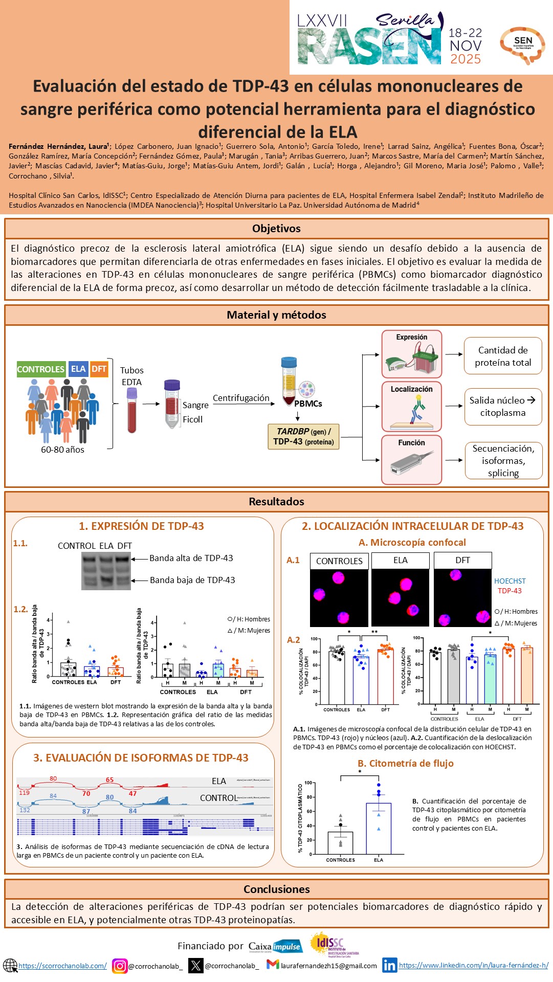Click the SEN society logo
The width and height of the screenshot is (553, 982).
tap(522, 45)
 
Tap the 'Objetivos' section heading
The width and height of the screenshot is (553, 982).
tap(276, 229)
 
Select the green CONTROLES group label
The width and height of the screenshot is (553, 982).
tap(41, 369)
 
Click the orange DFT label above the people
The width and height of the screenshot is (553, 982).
tap(99, 369)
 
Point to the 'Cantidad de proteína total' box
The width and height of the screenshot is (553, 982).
tap(503, 356)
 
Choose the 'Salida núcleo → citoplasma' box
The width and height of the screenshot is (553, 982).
tap(503, 407)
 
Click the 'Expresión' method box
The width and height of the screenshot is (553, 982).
tap(412, 354)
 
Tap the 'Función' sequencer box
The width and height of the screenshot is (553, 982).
tap(412, 459)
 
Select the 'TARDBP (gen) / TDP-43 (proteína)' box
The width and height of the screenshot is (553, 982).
tap(304, 437)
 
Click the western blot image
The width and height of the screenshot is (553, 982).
tap(106, 571)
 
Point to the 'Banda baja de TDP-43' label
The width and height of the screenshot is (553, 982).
tap(192, 580)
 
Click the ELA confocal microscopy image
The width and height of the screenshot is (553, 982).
tap(400, 598)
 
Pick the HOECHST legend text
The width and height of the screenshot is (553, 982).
tap(510, 581)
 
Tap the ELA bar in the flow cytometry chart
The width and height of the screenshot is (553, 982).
tap(379, 828)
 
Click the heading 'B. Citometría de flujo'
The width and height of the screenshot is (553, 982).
tap(406, 763)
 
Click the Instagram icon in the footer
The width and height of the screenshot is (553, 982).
tap(120, 966)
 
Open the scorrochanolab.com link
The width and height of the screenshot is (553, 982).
tap(63, 966)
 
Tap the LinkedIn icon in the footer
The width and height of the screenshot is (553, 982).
tap(389, 965)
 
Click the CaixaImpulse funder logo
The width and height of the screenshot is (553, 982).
tap(275, 946)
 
